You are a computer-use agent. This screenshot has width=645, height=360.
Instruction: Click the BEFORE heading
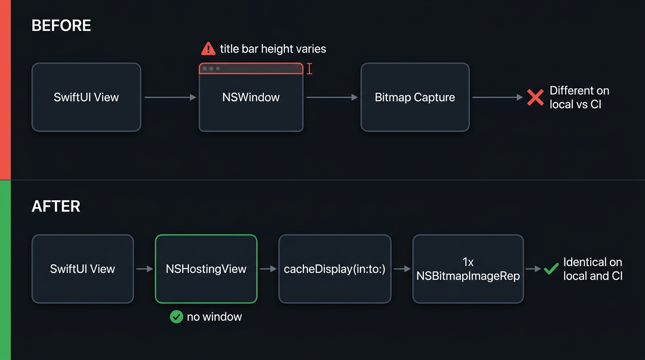(x=61, y=25)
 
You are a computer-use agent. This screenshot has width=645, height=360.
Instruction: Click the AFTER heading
(x=56, y=206)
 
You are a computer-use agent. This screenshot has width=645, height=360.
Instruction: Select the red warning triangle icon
(x=208, y=48)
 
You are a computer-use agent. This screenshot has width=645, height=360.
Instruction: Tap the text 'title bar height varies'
(x=273, y=49)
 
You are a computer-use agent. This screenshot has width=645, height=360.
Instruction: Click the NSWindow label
(x=251, y=97)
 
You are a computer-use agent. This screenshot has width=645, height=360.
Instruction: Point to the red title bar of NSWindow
(x=251, y=68)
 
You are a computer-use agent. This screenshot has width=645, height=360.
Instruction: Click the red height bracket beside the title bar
(x=309, y=69)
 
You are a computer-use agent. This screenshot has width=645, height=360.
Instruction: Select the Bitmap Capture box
(x=415, y=97)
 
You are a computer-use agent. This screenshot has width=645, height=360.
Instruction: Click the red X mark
(x=535, y=97)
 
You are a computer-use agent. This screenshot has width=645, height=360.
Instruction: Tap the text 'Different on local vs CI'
(x=579, y=97)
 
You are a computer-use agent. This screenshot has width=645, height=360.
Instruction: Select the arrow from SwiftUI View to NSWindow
(x=170, y=97)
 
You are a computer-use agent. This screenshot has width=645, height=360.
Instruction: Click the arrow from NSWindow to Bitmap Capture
(x=332, y=97)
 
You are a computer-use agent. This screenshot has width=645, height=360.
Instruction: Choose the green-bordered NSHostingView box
(x=206, y=269)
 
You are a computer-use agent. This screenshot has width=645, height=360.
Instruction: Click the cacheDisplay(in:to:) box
(x=335, y=269)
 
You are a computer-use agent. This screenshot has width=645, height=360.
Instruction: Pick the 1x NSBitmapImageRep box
(x=468, y=269)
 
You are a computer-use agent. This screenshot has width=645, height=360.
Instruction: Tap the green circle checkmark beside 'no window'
(x=177, y=317)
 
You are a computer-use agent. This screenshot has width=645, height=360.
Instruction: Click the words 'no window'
(x=214, y=317)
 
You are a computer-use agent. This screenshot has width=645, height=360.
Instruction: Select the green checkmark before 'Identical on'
(x=551, y=269)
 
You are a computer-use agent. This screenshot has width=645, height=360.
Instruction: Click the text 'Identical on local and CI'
(x=593, y=269)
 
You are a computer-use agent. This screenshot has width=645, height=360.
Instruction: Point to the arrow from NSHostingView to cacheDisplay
(x=268, y=269)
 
